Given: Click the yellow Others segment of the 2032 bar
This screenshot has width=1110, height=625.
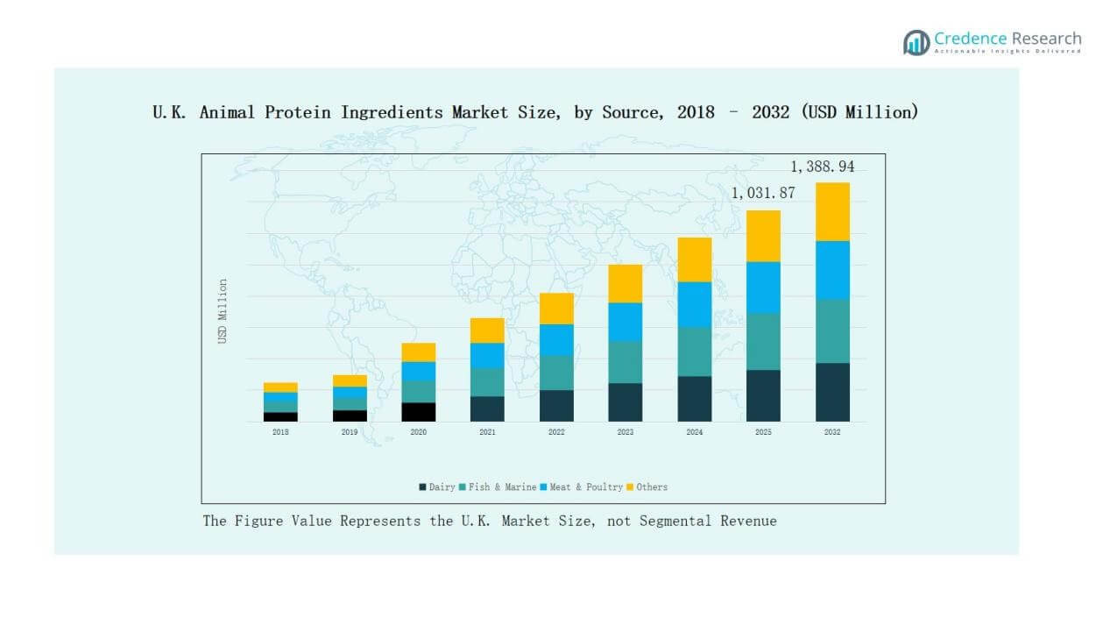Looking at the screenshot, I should pos(832,211).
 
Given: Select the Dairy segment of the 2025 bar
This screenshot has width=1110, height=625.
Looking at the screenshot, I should pos(763,395).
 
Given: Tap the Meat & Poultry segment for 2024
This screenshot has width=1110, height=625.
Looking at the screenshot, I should pos(694,304).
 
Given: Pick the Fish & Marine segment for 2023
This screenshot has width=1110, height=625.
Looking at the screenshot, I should pos(625,362).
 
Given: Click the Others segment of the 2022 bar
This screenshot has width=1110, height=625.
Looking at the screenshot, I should pos(556,309).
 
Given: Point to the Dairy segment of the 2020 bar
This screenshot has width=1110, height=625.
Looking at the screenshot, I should pos(418,412).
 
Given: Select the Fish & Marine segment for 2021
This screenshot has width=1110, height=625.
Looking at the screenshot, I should pos(487,382).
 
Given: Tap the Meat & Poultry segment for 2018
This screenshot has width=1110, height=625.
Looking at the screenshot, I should pos(280,397).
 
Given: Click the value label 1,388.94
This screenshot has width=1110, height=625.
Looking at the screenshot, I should pos(822,167).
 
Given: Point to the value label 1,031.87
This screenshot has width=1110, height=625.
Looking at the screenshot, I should pos(763,193).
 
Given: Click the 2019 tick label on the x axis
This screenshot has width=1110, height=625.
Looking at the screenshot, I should pos(349,432).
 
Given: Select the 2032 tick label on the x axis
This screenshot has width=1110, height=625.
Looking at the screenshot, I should pos(832,432).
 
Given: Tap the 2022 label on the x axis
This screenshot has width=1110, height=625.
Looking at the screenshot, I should pos(556,432).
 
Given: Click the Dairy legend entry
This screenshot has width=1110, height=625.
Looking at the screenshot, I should pos(437,487).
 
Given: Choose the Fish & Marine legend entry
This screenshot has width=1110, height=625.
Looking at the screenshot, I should pos(498,487).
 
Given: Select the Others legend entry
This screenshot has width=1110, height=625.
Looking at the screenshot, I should pos(647,487).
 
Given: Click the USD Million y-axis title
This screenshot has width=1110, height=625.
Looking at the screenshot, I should pos(223,311).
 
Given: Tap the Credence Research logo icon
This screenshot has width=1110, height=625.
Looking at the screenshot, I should pos(916,42).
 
